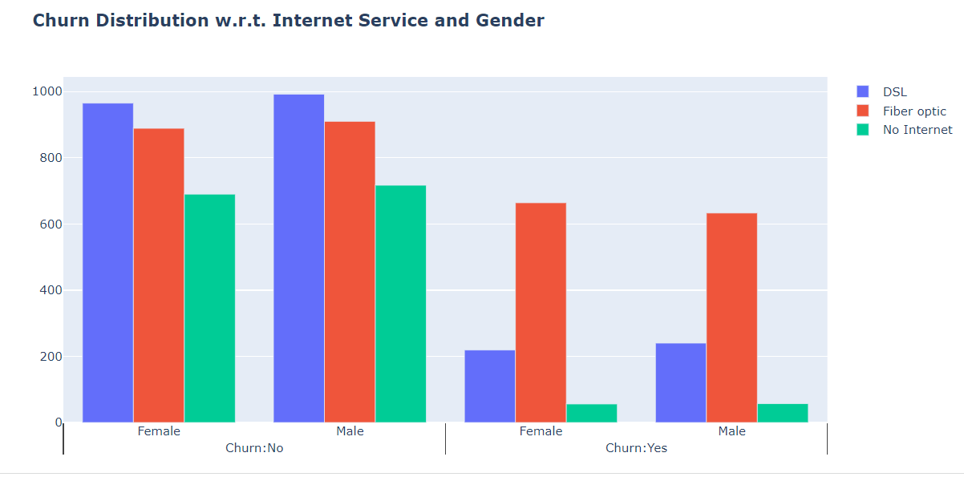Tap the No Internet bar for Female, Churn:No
[209, 308]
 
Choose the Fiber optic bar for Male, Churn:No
[350, 272]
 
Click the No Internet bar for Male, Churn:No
[400, 304]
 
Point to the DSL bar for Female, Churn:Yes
[489, 386]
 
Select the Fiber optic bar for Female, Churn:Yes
[541, 313]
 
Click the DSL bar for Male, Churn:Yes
[680, 382]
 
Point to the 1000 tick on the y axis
[47, 91]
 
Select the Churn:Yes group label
[636, 448]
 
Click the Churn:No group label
[254, 448]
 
